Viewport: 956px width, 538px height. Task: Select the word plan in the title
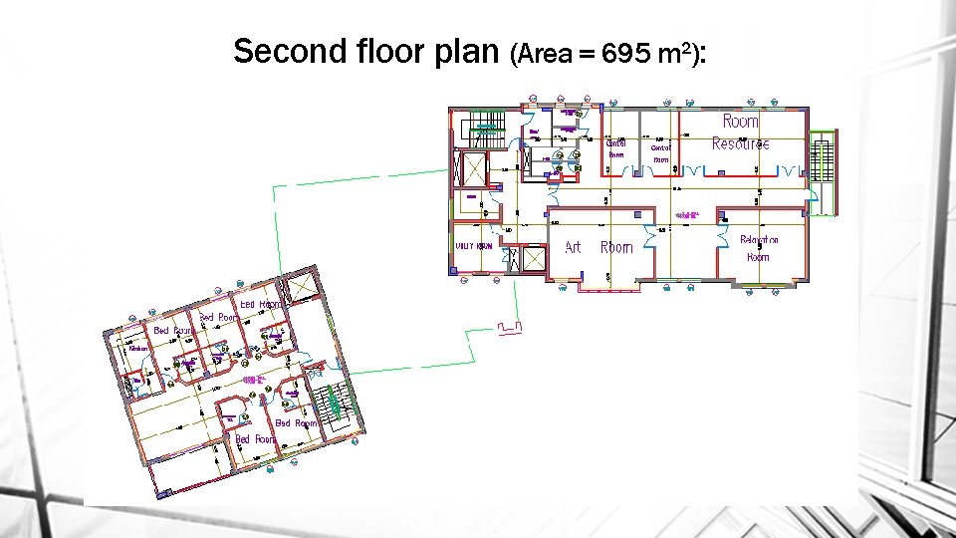(469, 53)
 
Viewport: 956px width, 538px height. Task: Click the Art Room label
(598, 247)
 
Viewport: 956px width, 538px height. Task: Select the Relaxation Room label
(759, 248)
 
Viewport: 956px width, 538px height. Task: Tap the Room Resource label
(740, 133)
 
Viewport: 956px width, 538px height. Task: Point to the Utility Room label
(474, 245)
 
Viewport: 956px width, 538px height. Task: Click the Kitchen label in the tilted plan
(138, 348)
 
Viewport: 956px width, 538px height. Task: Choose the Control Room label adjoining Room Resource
(662, 152)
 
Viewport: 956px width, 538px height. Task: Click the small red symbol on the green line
(510, 326)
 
